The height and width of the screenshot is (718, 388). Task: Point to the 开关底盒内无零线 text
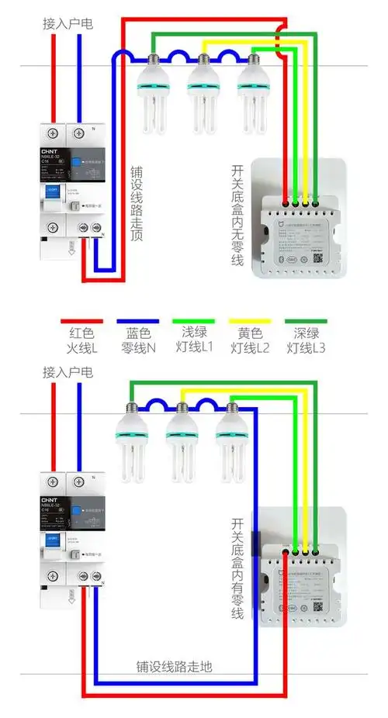[237, 215]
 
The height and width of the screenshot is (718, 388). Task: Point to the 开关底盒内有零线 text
[237, 568]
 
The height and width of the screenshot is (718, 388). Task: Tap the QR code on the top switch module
[318, 239]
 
